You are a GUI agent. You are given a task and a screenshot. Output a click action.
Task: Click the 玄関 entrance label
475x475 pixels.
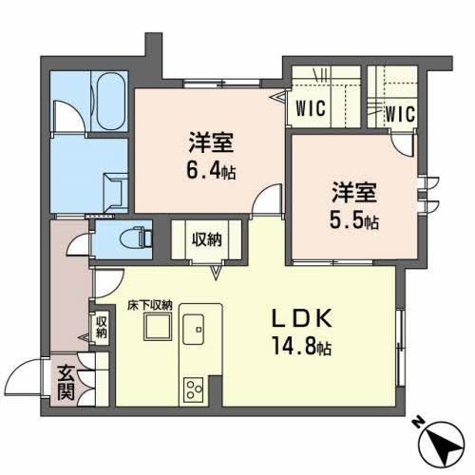65,382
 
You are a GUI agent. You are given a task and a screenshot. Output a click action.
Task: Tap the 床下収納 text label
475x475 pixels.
151,305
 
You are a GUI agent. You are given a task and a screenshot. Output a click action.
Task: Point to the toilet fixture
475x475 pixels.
137,234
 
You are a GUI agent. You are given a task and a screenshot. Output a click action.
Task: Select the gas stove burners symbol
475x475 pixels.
195,389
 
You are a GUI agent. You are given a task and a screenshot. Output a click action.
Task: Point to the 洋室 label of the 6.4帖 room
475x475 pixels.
210,145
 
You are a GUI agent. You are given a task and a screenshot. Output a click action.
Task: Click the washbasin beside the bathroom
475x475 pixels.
115,187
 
